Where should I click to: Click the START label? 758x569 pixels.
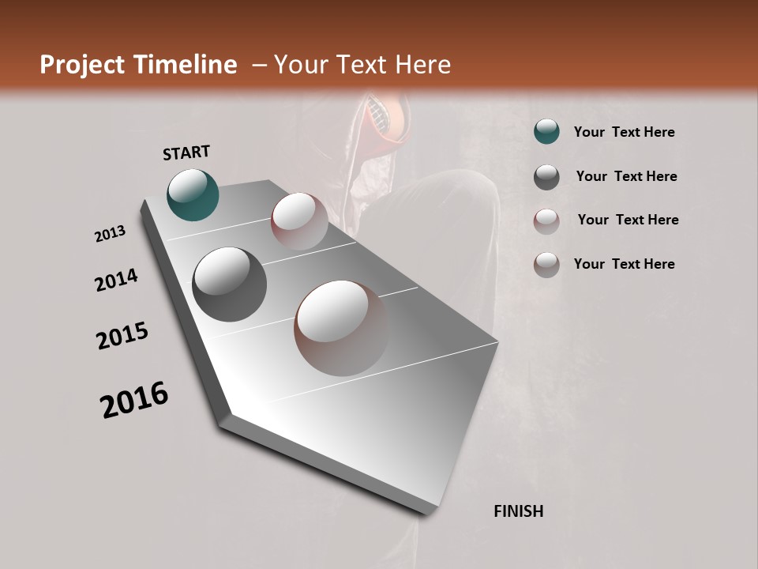(x=186, y=153)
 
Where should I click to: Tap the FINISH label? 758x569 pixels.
(x=518, y=511)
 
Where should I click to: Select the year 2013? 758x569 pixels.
(x=110, y=234)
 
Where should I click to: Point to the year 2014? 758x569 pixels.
(x=116, y=281)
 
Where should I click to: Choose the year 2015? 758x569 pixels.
(x=122, y=336)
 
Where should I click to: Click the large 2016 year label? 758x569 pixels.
(x=134, y=400)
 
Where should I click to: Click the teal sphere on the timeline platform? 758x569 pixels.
(x=193, y=194)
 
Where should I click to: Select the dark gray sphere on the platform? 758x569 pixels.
(x=229, y=284)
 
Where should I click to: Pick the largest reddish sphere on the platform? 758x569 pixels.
(x=342, y=327)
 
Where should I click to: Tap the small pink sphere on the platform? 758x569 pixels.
(x=299, y=220)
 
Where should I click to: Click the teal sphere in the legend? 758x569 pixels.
(x=546, y=132)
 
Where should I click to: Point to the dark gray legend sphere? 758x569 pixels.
(x=546, y=177)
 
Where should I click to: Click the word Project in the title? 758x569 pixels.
(x=83, y=65)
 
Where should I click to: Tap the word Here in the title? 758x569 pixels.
(x=422, y=65)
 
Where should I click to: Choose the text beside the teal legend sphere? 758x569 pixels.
(x=624, y=132)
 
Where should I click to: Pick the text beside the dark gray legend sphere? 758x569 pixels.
(x=626, y=176)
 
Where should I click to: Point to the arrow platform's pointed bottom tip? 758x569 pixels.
(x=427, y=512)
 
